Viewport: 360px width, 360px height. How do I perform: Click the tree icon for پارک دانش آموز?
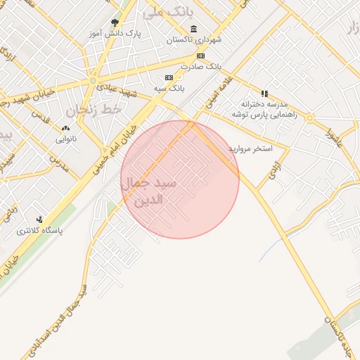115,22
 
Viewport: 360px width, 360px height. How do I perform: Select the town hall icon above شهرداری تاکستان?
193,29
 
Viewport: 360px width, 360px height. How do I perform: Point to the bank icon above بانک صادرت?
200,56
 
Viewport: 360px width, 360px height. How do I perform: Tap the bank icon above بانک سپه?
169,77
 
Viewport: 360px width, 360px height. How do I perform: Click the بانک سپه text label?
169,88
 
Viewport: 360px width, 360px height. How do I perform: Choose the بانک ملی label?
164,12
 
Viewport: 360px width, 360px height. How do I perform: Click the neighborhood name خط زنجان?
94,110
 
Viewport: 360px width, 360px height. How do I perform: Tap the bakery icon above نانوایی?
65,128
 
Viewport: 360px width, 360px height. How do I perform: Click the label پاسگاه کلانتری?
40,230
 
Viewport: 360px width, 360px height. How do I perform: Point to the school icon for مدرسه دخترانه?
264,93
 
